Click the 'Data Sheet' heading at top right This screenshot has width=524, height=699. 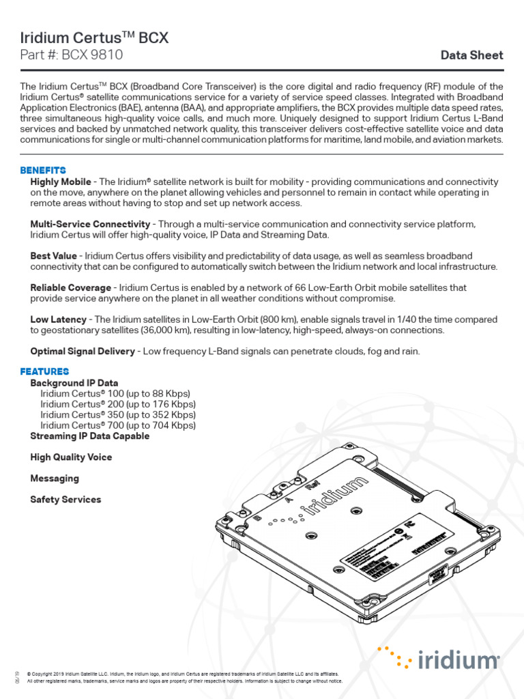pyautogui.click(x=471, y=55)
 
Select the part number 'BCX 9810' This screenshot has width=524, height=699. pyautogui.click(x=91, y=55)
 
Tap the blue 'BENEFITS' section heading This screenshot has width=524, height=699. pyautogui.click(x=43, y=170)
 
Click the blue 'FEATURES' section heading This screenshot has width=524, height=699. pyautogui.click(x=44, y=371)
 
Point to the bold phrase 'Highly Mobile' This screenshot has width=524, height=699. pyautogui.click(x=61, y=182)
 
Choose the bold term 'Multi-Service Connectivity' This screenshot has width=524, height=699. pyautogui.click(x=90, y=224)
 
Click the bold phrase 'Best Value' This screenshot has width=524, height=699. pyautogui.click(x=53, y=255)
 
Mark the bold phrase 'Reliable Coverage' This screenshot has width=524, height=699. pyautogui.click(x=70, y=287)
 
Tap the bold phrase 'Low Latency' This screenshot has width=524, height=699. pyautogui.click(x=58, y=319)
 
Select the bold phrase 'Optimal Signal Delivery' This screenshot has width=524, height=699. pyautogui.click(x=83, y=351)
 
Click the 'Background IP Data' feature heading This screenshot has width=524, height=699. pyautogui.click(x=74, y=383)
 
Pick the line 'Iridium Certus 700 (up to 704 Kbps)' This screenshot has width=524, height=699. pyautogui.click(x=118, y=425)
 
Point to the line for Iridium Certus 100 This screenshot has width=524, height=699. pyautogui.click(x=115, y=394)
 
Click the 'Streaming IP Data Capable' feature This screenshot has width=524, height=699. pyautogui.click(x=89, y=436)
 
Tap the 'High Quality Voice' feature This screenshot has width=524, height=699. pyautogui.click(x=71, y=457)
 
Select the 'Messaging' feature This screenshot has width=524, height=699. pyautogui.click(x=55, y=479)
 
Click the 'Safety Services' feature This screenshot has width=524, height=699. pyautogui.click(x=65, y=500)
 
